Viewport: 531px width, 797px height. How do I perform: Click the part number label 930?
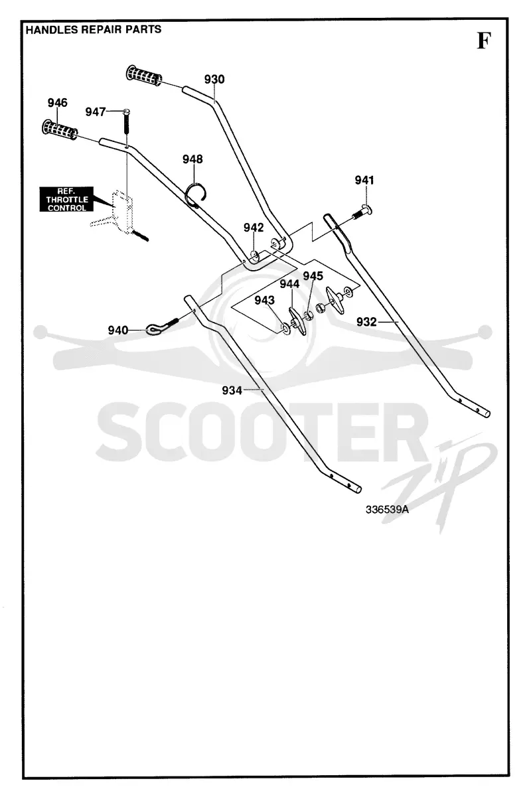[x=214, y=79]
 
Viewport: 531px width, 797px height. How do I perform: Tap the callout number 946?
[x=57, y=102]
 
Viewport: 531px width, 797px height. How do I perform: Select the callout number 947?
[x=96, y=112]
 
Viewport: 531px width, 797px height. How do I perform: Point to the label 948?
[x=192, y=159]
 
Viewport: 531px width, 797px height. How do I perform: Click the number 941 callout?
[x=364, y=181]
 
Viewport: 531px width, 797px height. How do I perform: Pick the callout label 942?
[x=254, y=228]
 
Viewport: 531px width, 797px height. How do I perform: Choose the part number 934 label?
[x=232, y=390]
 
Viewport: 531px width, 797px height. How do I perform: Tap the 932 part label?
[x=366, y=322]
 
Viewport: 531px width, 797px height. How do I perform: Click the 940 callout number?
[x=117, y=330]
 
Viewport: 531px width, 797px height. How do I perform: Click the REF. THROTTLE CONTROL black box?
[x=66, y=199]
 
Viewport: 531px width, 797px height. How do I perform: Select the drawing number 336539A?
[x=387, y=510]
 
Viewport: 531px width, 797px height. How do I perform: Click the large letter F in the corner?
[x=484, y=40]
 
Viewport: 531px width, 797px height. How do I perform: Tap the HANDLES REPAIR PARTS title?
[x=94, y=29]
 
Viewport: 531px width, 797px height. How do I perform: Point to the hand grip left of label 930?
[x=144, y=75]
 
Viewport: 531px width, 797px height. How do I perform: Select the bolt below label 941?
[x=362, y=212]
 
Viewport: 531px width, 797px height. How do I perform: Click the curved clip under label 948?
[x=197, y=194]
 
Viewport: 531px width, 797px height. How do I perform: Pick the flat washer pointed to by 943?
[x=285, y=329]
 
